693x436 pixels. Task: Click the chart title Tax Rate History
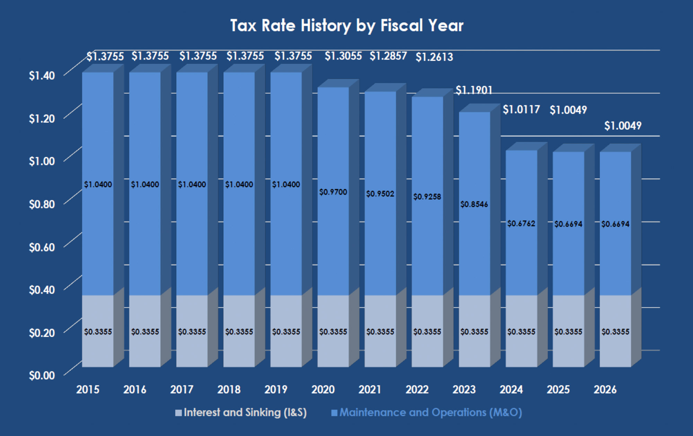[x=347, y=26]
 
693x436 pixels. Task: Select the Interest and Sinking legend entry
[x=241, y=412]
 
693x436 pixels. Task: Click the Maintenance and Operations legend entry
[x=427, y=412]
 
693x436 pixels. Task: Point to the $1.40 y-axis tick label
[x=42, y=76]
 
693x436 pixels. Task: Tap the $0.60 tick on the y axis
[x=42, y=247]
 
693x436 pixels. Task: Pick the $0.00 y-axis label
[x=42, y=375]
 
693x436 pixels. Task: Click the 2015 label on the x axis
[x=88, y=390]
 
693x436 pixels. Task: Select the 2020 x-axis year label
[x=323, y=390]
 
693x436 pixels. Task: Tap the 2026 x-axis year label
[x=605, y=390]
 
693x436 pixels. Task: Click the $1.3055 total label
[x=343, y=56]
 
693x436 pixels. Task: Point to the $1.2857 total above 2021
[x=388, y=56]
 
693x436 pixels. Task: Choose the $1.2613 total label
[x=434, y=57]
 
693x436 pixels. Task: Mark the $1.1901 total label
[x=474, y=91]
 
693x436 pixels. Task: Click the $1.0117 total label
[x=521, y=110]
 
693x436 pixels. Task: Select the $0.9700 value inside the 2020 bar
[x=333, y=192]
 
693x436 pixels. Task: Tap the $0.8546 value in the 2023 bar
[x=474, y=204]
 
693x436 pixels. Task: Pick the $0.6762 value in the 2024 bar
[x=521, y=224]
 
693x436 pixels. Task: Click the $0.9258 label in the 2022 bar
[x=427, y=197]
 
